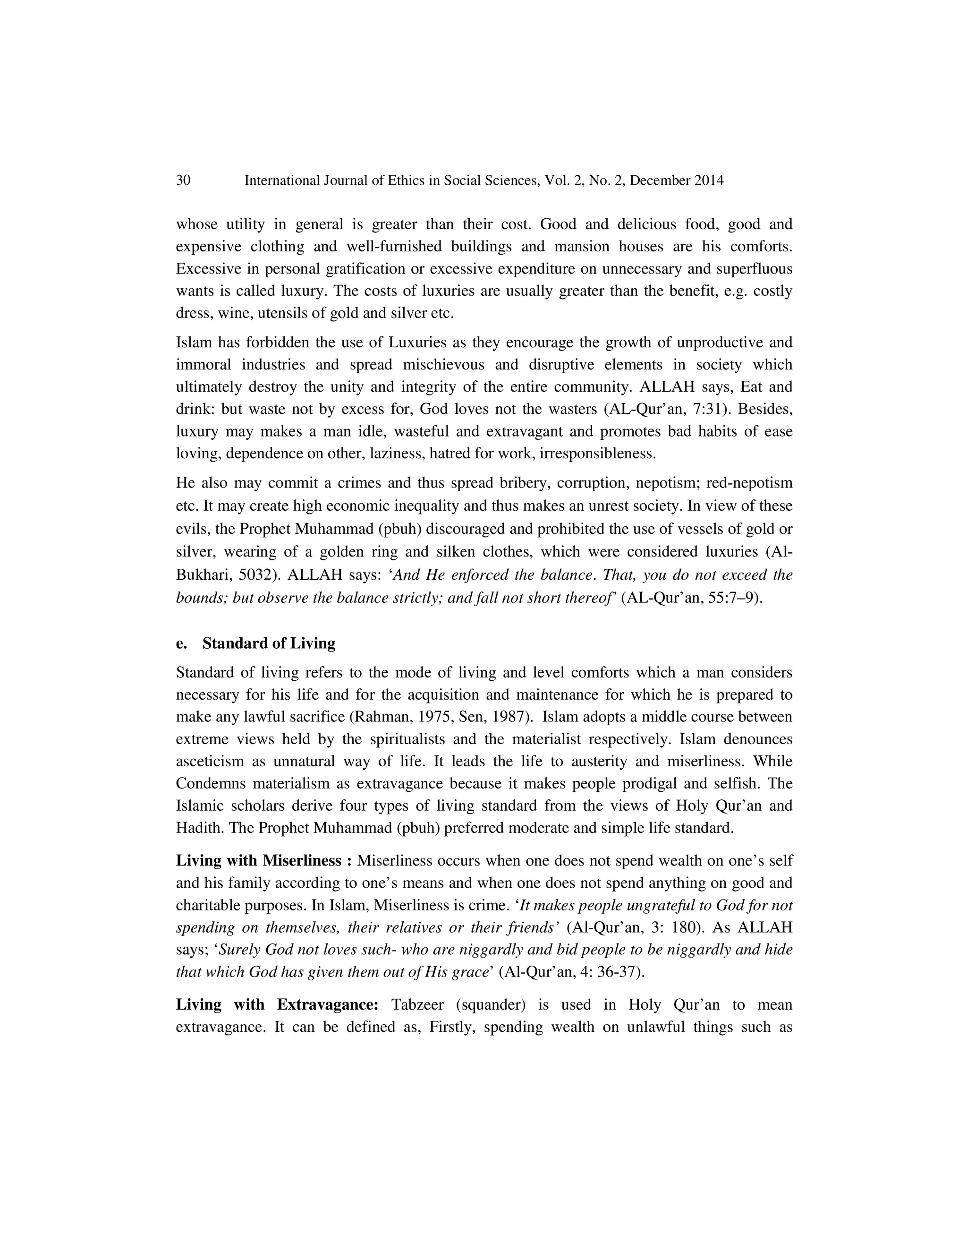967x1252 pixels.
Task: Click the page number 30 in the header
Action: point(183,180)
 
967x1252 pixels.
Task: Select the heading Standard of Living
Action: point(269,643)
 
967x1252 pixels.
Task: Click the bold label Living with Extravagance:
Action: point(277,1004)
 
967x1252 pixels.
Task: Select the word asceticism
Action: point(213,761)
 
